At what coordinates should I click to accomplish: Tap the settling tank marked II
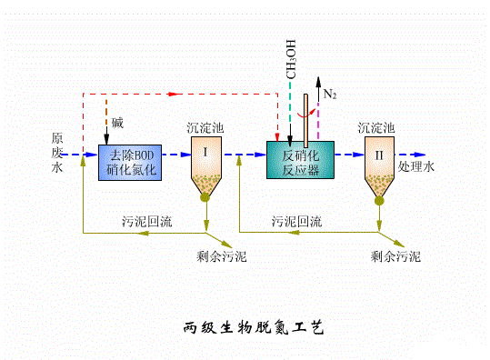(x=379, y=164)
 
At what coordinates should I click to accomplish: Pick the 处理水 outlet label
(x=418, y=167)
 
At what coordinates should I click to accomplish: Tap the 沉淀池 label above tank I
(x=205, y=128)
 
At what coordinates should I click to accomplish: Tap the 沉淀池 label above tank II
(x=377, y=128)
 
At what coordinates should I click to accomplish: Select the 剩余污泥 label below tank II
(x=395, y=256)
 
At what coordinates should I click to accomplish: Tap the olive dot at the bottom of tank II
(x=379, y=199)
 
